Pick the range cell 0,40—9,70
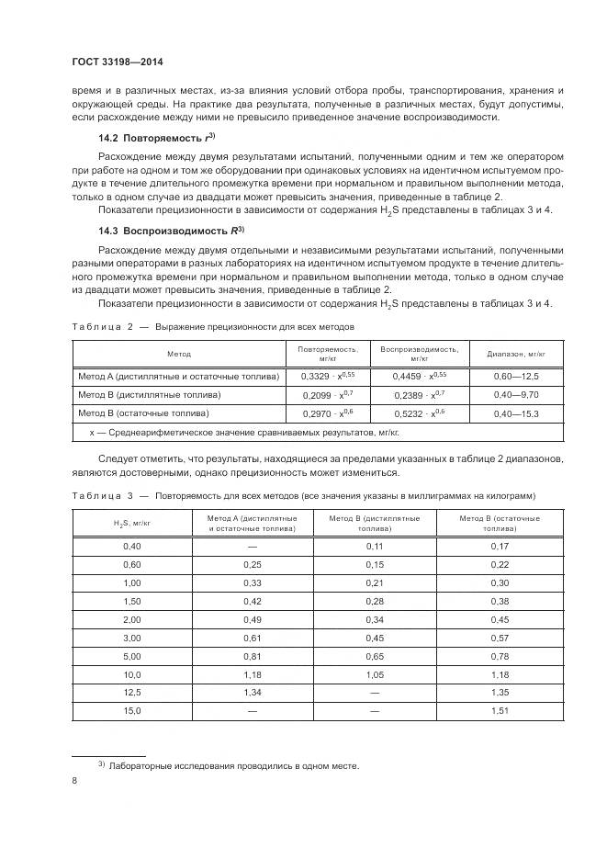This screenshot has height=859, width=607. coord(515,394)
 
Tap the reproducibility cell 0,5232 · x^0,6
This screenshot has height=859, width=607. coord(419,413)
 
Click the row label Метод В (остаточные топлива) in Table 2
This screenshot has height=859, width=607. coord(150,413)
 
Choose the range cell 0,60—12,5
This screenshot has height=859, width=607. coord(515,376)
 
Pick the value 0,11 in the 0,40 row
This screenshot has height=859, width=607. coord(374,546)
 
